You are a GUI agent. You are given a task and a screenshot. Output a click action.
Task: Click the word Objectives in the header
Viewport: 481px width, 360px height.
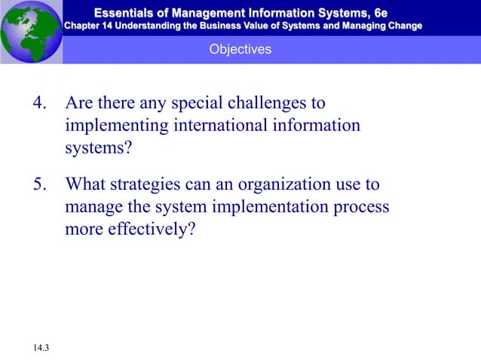[x=240, y=49]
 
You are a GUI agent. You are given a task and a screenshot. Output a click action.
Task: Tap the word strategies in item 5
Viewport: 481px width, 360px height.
[x=149, y=185]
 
